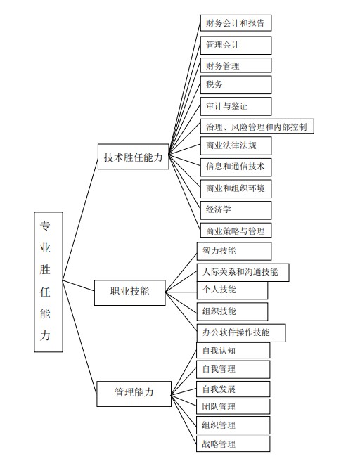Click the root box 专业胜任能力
pos(49,282)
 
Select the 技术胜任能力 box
pos(134,157)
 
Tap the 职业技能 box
pos(130,292)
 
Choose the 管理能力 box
pos(134,394)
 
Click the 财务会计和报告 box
pos(236,23)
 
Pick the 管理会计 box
pos(236,45)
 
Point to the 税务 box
pos(236,85)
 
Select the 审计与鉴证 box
pos(236,106)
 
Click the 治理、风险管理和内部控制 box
pos(257,127)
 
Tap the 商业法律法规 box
pos(236,145)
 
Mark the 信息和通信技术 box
pos(236,167)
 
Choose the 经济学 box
pos(236,210)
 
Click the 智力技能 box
pos(234,251)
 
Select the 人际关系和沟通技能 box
pos(243,273)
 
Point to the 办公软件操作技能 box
pos(241,333)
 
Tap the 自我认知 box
pos(233,351)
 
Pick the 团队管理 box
pos(233,406)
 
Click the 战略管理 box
pos(233,444)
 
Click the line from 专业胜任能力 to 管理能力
pos(79,337)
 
